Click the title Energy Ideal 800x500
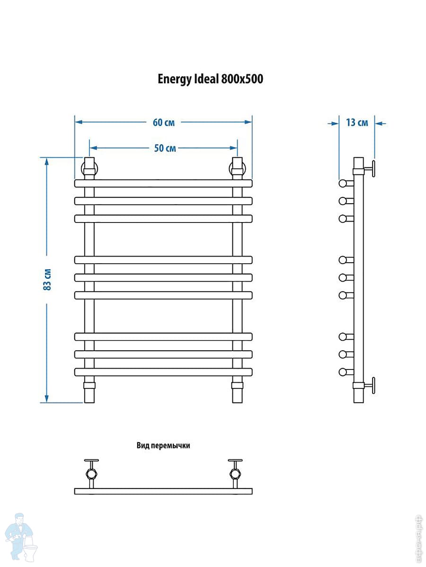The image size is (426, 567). [x=210, y=79]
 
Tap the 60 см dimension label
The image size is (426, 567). [x=164, y=122]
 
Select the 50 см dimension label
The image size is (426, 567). [x=165, y=148]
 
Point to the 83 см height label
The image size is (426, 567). [x=47, y=279]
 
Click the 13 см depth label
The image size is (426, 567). [x=357, y=123]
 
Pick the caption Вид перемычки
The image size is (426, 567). [x=163, y=445]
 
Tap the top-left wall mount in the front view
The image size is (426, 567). [x=89, y=168]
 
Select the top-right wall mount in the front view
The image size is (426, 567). [x=237, y=168]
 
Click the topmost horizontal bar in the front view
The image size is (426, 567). [x=163, y=183]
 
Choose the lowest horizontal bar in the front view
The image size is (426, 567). [x=163, y=372]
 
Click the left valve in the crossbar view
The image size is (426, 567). [x=91, y=472]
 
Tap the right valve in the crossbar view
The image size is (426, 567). [x=235, y=472]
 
